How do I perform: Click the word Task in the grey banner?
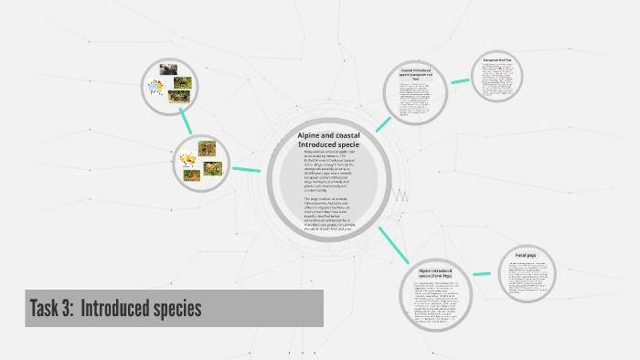click(45, 309)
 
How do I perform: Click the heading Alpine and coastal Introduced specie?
click(328, 140)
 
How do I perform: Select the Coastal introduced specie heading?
click(421, 73)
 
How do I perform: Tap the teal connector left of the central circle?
click(246, 169)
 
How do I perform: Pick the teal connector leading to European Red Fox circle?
click(459, 80)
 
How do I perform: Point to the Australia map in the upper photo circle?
click(155, 89)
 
